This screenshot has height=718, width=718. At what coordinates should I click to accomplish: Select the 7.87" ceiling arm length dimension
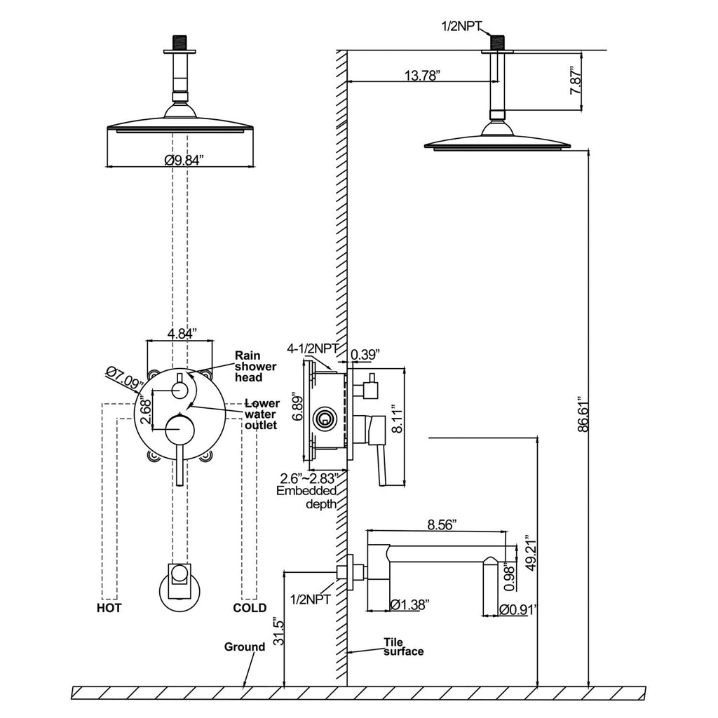click(576, 81)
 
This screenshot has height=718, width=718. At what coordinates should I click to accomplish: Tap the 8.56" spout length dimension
click(442, 524)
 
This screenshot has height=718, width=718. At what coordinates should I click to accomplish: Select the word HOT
click(109, 608)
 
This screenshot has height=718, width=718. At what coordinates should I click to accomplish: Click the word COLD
click(250, 608)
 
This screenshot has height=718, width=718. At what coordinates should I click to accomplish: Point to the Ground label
click(244, 646)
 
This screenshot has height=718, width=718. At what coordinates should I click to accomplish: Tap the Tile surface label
click(403, 646)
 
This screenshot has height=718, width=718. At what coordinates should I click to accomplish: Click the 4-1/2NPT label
click(313, 348)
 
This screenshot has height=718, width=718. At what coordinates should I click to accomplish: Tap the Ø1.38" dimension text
click(409, 604)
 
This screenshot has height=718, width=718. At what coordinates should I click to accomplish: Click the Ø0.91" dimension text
click(517, 610)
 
